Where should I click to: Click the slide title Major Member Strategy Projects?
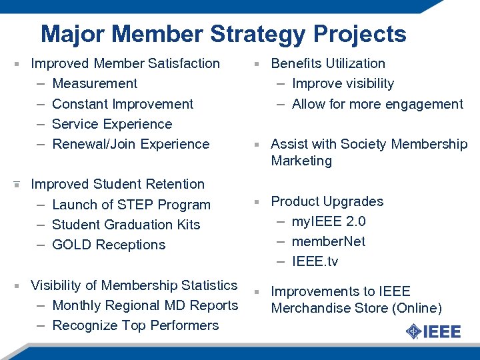pos(223,34)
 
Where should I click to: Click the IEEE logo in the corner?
pos(433,331)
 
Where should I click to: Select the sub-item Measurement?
pos(95,84)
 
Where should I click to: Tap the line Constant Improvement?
pos(123,104)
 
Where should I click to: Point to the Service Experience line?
pos(112,124)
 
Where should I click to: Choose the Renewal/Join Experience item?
pos(131,144)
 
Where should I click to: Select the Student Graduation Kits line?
pos(126,225)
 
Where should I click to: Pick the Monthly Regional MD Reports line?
pos(145,305)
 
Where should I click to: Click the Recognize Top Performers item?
pos(135,325)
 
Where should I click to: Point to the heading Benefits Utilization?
pos(328,64)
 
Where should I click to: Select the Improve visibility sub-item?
pos(343,84)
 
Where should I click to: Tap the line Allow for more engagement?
pos(377,104)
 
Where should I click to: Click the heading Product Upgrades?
pos(327,201)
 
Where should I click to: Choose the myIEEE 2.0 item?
pos(329,221)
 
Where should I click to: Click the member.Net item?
pos(329,241)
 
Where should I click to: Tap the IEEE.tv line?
pos(315,261)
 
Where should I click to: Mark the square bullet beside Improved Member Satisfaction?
pos(16,65)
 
